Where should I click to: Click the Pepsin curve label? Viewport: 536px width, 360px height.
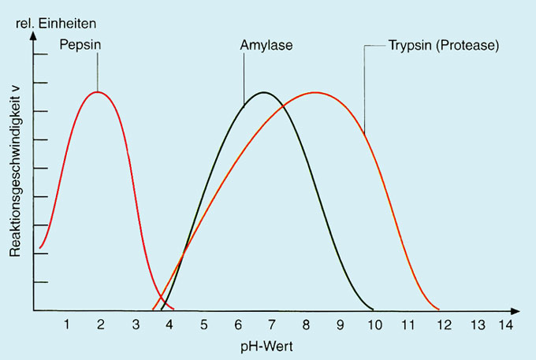(80, 44)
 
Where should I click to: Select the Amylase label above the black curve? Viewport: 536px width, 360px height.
(266, 44)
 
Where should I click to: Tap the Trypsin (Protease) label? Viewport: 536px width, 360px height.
(444, 45)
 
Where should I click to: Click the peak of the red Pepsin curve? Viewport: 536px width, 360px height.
(97, 92)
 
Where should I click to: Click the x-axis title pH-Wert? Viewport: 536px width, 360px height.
(268, 345)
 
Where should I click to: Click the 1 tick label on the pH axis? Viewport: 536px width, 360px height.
(67, 324)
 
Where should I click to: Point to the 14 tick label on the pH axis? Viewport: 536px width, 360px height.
(505, 324)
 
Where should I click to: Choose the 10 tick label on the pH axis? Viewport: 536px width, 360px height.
(374, 324)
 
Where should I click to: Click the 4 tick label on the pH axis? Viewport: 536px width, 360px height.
(169, 324)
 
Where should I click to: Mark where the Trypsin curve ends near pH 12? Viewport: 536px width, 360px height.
(439, 309)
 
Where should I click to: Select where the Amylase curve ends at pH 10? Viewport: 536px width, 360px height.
(373, 309)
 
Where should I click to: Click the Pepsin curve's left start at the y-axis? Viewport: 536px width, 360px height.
(39, 248)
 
